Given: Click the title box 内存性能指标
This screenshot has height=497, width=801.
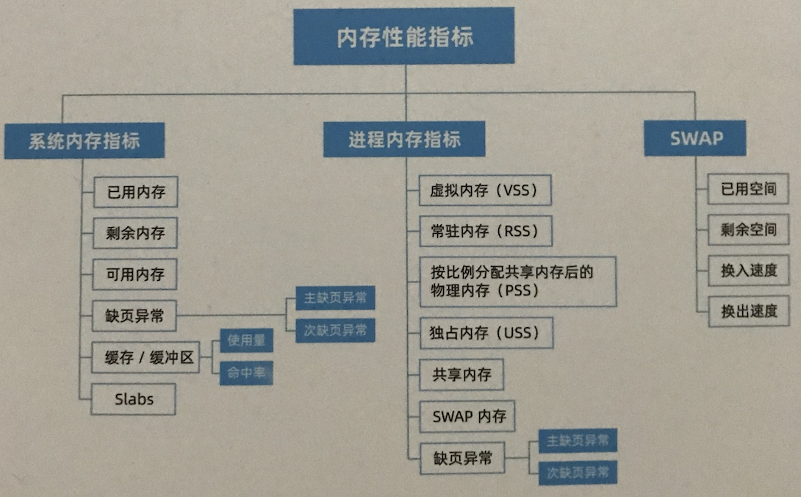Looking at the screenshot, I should pos(404,37).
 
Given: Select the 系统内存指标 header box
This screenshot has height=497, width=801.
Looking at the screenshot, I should pos(84,140).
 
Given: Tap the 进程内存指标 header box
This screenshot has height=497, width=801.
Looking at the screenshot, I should pos(404,139).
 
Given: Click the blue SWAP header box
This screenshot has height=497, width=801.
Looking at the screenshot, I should pos(695,137).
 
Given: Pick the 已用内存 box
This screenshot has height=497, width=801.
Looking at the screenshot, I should pos(136,193).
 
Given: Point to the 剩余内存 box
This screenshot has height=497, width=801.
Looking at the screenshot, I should pos(136,234).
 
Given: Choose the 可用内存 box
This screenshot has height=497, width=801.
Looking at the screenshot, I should pos(136,275).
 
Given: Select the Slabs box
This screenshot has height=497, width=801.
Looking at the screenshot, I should pos(134,399).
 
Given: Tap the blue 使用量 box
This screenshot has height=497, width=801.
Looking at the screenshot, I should pos(246,340).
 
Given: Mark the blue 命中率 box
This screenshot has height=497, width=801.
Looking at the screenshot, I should pos(246,373).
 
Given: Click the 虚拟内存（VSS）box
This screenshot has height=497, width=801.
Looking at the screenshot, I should pos(485,190).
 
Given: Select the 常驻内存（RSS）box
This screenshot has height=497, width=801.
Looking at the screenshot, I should pos(485,231).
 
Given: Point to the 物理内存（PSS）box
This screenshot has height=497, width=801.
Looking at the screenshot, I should pos(517,281).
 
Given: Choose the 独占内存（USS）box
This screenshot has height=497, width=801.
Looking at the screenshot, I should pos(485,333).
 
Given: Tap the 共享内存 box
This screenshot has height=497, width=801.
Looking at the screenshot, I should pos(461,375).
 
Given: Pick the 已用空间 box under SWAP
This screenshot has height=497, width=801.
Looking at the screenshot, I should pos(748,189).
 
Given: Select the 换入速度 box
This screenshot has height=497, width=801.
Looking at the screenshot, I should pos(748,270).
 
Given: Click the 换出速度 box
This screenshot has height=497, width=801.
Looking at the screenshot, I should pos(748,311).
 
